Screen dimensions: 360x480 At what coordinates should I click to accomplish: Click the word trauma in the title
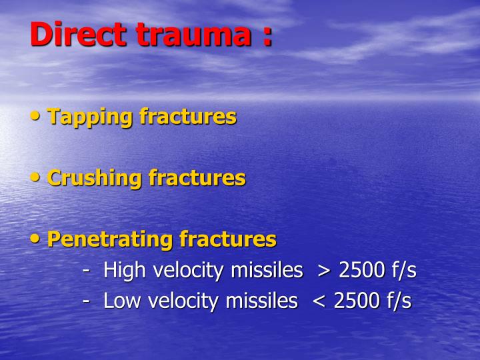191,35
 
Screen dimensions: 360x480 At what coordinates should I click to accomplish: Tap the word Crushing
95,178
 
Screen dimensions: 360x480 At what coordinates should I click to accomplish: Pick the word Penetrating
111,239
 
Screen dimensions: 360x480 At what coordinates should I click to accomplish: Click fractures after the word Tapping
188,117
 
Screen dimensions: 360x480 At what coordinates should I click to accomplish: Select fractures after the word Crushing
197,178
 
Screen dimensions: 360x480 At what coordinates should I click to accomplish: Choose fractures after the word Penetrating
228,239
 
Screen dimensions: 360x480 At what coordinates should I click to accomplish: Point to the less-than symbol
318,302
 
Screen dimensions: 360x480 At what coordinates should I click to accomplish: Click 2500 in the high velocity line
361,271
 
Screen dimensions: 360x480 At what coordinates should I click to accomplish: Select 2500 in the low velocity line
355,301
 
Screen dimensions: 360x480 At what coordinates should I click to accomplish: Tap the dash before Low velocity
87,302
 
